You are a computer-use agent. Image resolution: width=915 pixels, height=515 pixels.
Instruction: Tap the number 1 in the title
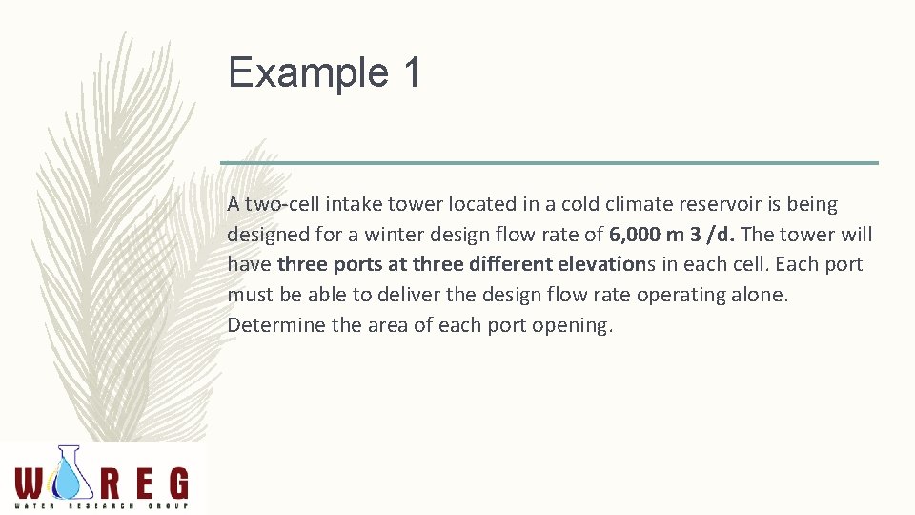click(411, 73)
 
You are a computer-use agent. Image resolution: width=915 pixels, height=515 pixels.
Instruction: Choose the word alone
click(763, 295)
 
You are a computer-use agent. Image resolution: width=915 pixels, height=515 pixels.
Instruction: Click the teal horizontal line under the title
click(549, 163)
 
